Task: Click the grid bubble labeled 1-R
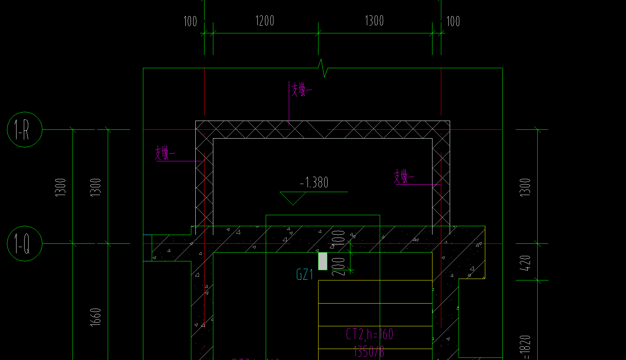tap(25, 129)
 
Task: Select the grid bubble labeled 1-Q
tap(25, 243)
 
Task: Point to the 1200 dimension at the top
tap(265, 21)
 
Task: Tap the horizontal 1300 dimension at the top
tap(374, 21)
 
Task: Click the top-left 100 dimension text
tap(190, 21)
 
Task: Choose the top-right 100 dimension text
tap(453, 21)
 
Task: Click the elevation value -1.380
tap(314, 182)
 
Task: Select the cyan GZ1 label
tap(305, 275)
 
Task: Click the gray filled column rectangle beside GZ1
tap(323, 261)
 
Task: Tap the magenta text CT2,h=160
tap(369, 334)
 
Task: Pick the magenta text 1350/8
tap(369, 352)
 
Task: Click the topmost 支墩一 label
tap(302, 89)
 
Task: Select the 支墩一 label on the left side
tap(165, 153)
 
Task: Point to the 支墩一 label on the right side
tap(404, 177)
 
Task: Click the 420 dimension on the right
tap(525, 262)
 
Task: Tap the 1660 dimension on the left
tap(95, 317)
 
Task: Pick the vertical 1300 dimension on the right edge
tap(525, 187)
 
